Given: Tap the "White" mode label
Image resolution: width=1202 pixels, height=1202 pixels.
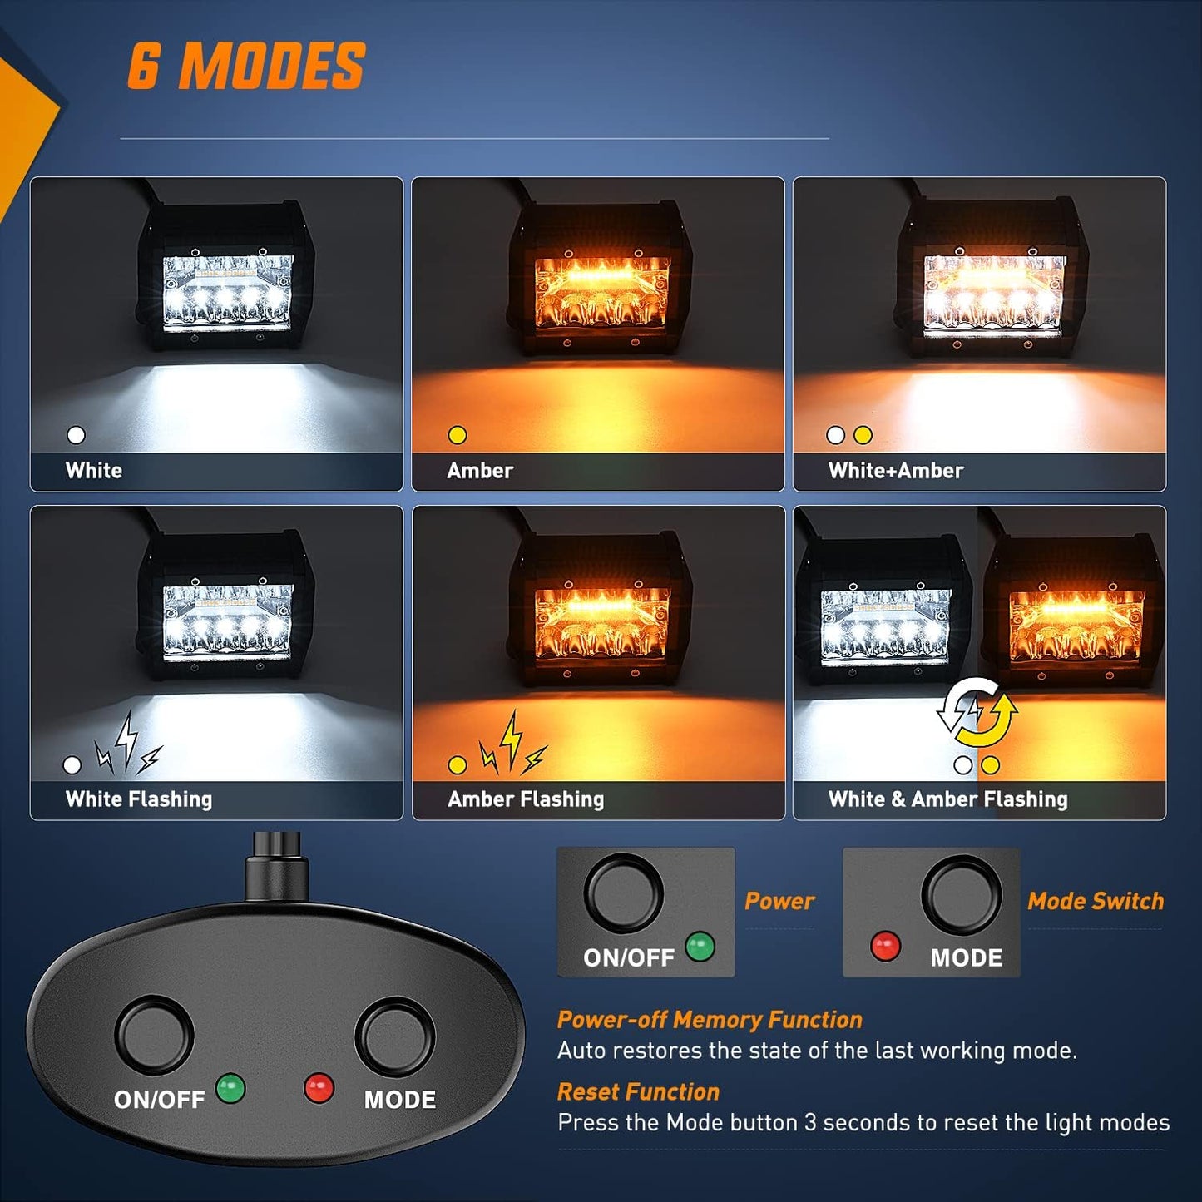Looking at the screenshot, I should pyautogui.click(x=94, y=471).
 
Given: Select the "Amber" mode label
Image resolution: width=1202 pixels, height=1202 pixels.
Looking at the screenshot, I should pyautogui.click(x=480, y=471).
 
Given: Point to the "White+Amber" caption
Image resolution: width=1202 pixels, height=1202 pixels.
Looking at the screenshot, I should pyautogui.click(x=896, y=471).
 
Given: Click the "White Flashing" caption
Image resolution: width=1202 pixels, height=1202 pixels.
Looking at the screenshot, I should pyautogui.click(x=139, y=799).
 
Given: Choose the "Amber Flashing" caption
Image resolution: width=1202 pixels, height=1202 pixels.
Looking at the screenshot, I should pyautogui.click(x=526, y=799).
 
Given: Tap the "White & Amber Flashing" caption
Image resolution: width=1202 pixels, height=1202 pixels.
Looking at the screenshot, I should pyautogui.click(x=947, y=799).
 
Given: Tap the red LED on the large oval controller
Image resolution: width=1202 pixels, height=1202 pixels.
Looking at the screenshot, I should pyautogui.click(x=319, y=1087).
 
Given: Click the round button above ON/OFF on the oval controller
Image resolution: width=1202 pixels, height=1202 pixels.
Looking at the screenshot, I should pyautogui.click(x=154, y=1035).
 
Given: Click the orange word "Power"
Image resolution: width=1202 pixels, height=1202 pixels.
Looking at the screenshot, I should pyautogui.click(x=779, y=901).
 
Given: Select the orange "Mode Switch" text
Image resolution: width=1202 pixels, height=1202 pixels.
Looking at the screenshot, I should pyautogui.click(x=1096, y=901).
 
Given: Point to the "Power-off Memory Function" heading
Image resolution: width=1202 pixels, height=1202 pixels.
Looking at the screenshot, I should pyautogui.click(x=710, y=1020).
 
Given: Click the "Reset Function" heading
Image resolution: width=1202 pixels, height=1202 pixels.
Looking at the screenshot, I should pyautogui.click(x=638, y=1092).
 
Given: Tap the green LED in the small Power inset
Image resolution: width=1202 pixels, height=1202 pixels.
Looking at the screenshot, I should pyautogui.click(x=700, y=947).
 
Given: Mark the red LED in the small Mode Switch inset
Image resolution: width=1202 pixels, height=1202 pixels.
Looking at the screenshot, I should pyautogui.click(x=885, y=947).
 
